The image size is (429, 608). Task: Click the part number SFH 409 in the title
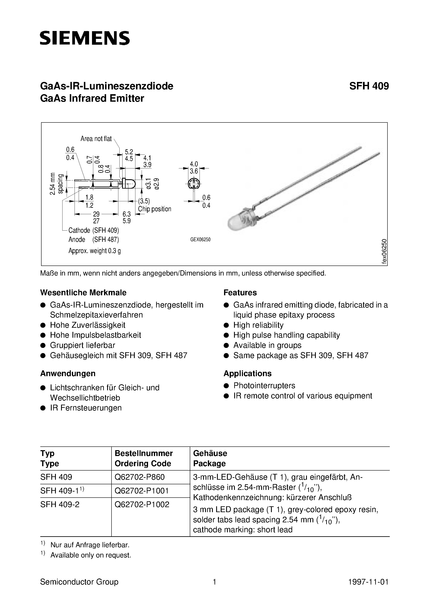369,86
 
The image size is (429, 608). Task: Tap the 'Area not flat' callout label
96,139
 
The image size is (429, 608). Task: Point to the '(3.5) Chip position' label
154,205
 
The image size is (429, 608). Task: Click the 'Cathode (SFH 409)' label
94,230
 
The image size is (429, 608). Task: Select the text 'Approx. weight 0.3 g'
95,251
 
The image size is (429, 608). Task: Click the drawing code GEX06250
200,240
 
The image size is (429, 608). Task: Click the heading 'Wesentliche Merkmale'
83,293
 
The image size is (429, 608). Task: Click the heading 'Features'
240,293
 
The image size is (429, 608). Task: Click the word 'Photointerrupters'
264,386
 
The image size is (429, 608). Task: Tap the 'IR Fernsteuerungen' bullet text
86,408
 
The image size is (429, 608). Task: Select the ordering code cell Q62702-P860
140,477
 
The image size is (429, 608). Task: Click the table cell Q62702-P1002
142,504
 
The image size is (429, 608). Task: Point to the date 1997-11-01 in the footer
368,582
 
